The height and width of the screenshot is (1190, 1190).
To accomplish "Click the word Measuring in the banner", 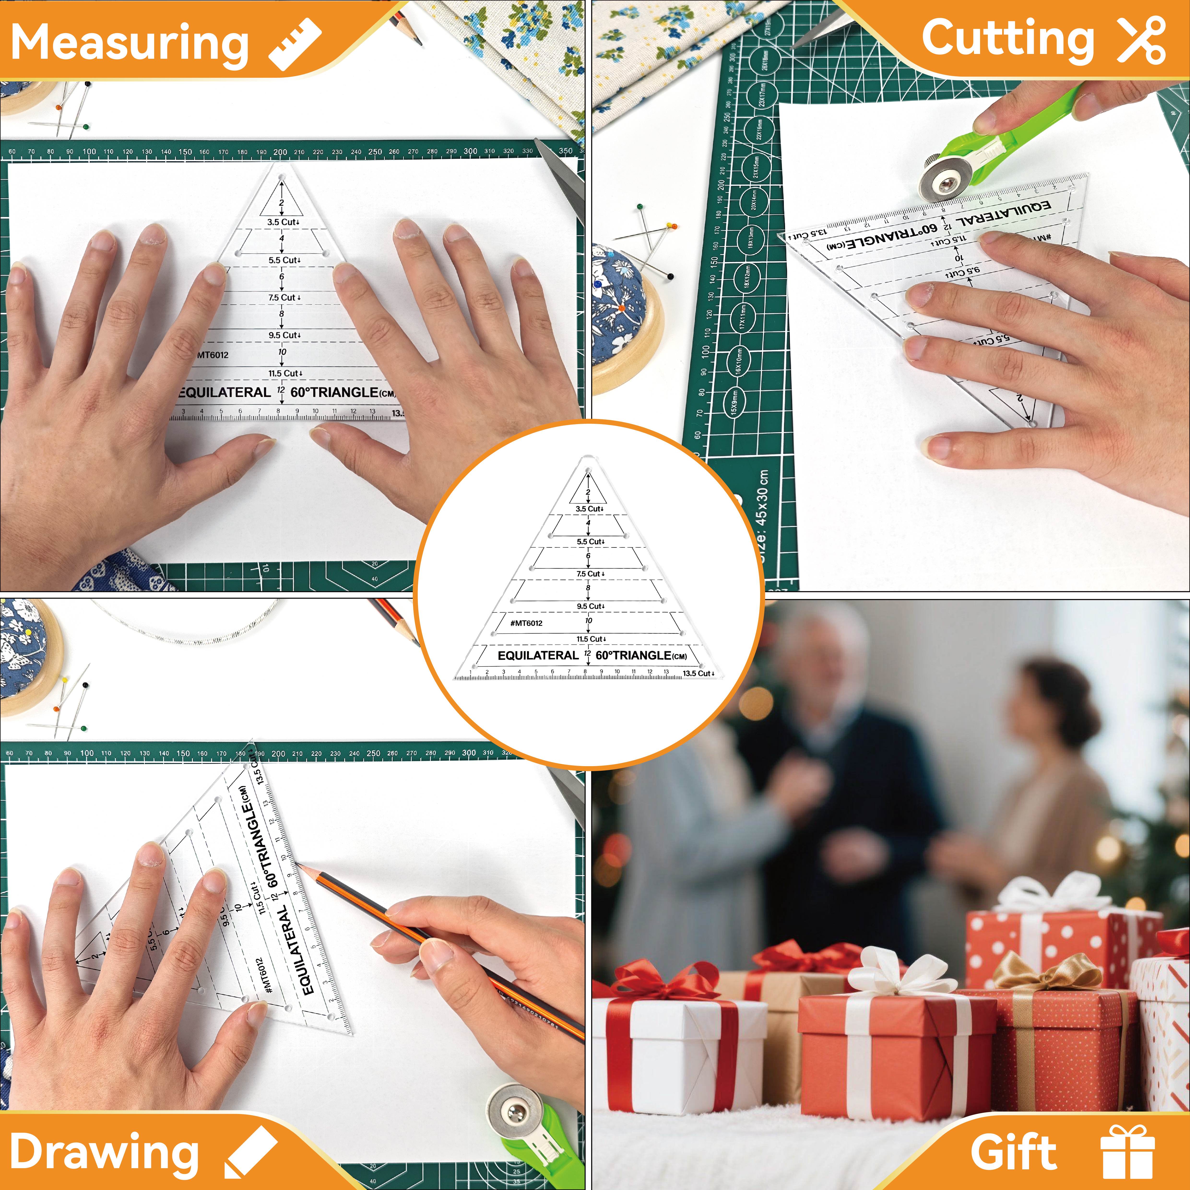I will point(129,43).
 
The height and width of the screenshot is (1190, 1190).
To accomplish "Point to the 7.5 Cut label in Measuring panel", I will point(283,297).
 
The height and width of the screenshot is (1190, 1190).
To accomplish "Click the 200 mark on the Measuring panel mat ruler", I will point(280,152).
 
